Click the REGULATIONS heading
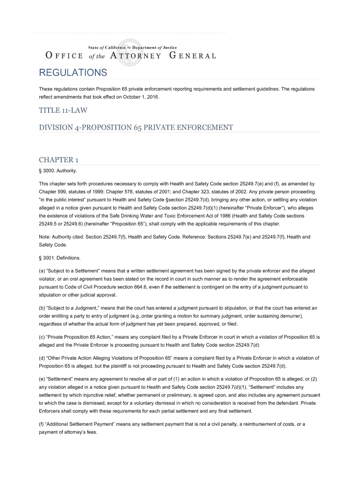point(73,73)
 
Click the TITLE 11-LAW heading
point(63,110)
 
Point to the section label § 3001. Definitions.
point(60,258)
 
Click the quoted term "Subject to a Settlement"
point(75,271)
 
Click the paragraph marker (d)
point(42,358)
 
